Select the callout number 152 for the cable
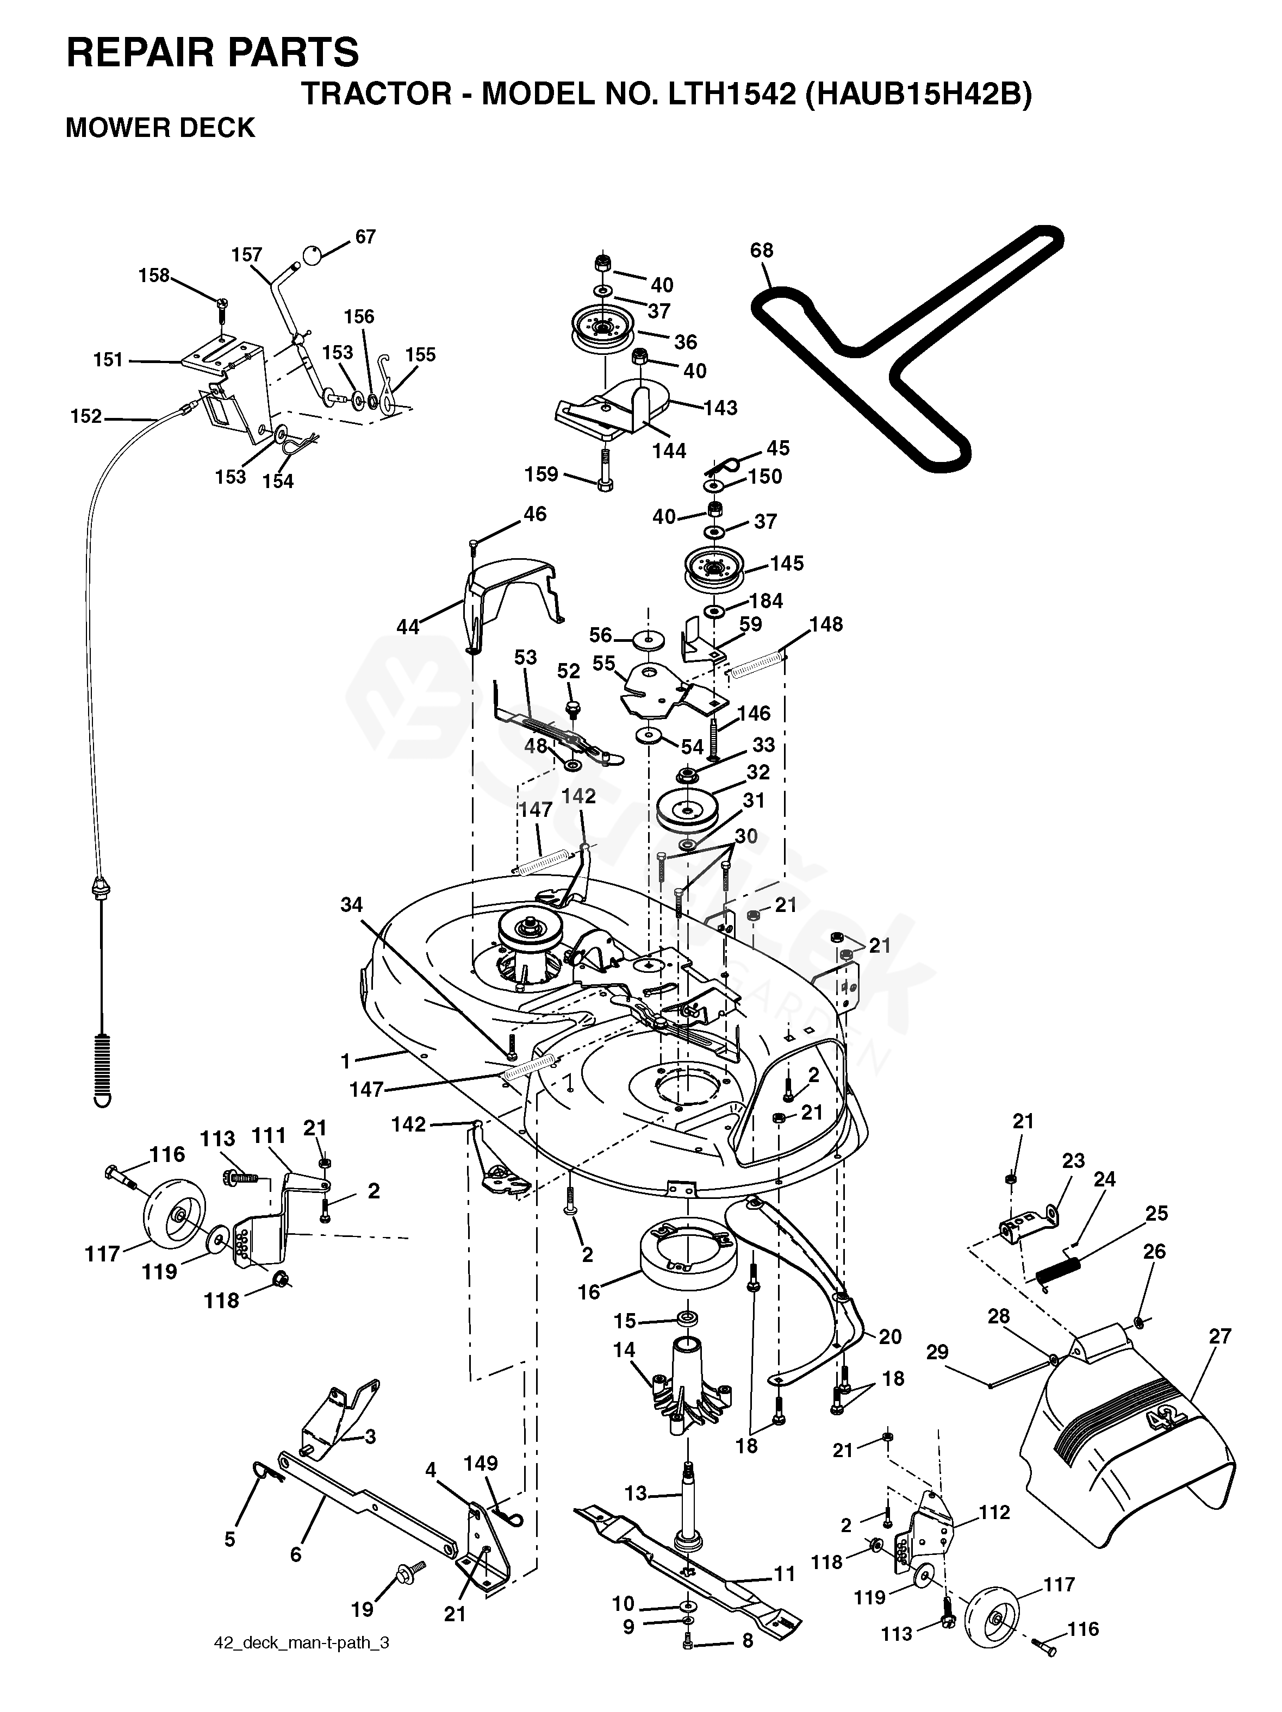[86, 416]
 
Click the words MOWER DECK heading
[160, 128]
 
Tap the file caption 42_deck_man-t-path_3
[301, 1661]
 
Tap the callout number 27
[1219, 1336]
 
